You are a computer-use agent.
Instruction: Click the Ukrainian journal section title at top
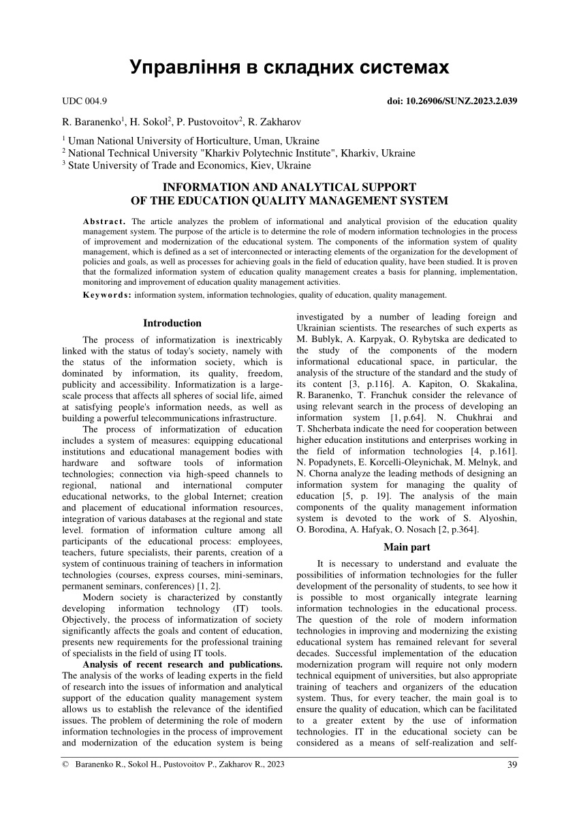(x=289, y=67)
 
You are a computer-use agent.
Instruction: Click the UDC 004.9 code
(x=84, y=102)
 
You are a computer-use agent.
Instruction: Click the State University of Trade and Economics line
(x=188, y=165)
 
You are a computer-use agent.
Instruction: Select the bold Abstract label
(x=105, y=221)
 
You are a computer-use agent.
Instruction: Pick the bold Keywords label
(x=108, y=295)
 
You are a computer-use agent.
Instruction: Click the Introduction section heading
(x=172, y=323)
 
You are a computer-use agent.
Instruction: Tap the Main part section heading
(x=407, y=546)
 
